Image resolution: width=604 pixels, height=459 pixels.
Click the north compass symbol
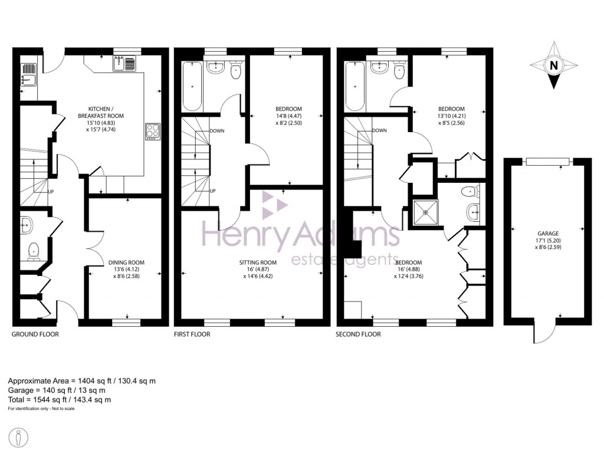(x=553, y=66)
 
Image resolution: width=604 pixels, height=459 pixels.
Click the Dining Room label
(x=126, y=263)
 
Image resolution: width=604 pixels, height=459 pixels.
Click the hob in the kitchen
(x=152, y=131)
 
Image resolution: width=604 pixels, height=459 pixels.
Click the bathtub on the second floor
(x=355, y=87)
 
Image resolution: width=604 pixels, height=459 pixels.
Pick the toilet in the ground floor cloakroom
(x=33, y=252)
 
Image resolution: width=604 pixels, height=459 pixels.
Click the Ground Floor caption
(x=35, y=335)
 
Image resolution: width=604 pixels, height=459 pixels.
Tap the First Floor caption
(x=192, y=335)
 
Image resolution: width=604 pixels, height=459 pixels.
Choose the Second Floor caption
(x=359, y=335)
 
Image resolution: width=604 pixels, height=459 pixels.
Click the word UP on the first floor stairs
(x=213, y=191)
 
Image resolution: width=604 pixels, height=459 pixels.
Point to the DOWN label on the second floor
(x=379, y=131)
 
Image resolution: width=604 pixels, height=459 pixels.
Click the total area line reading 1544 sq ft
(x=60, y=400)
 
